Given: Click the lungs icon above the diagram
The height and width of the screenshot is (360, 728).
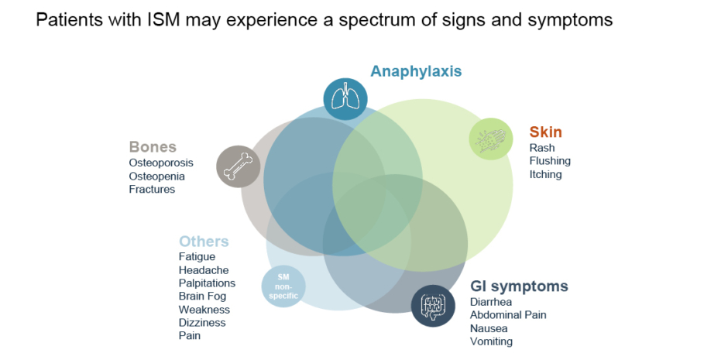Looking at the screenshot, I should [345, 98].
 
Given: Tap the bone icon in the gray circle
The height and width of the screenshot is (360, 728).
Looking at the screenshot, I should [239, 166].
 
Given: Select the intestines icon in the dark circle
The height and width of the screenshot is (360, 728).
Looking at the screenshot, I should [432, 306].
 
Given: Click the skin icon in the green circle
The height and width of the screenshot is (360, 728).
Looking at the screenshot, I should [491, 139].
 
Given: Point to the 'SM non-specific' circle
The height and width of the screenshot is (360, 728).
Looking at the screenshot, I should [283, 286].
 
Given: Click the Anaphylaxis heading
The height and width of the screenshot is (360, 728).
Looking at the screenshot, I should [416, 71].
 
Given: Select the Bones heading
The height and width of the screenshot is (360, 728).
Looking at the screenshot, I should [153, 147].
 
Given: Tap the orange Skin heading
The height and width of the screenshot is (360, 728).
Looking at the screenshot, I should [545, 132].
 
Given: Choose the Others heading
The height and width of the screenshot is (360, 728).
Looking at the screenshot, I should [204, 242].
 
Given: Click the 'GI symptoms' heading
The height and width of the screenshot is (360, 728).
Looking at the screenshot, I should [519, 286].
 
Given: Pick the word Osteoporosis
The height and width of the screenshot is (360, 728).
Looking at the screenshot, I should [161, 163].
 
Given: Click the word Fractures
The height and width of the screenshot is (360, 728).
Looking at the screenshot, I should [152, 190].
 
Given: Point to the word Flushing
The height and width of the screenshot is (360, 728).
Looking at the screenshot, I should [550, 161].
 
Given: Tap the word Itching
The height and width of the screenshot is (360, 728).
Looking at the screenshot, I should [545, 174].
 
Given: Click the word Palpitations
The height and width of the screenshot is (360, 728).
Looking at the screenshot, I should [207, 283].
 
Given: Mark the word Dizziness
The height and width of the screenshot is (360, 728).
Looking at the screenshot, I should [202, 323].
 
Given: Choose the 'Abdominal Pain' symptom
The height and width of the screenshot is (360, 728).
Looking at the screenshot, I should [508, 315].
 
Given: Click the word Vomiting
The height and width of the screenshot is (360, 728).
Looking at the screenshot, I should [491, 341].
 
